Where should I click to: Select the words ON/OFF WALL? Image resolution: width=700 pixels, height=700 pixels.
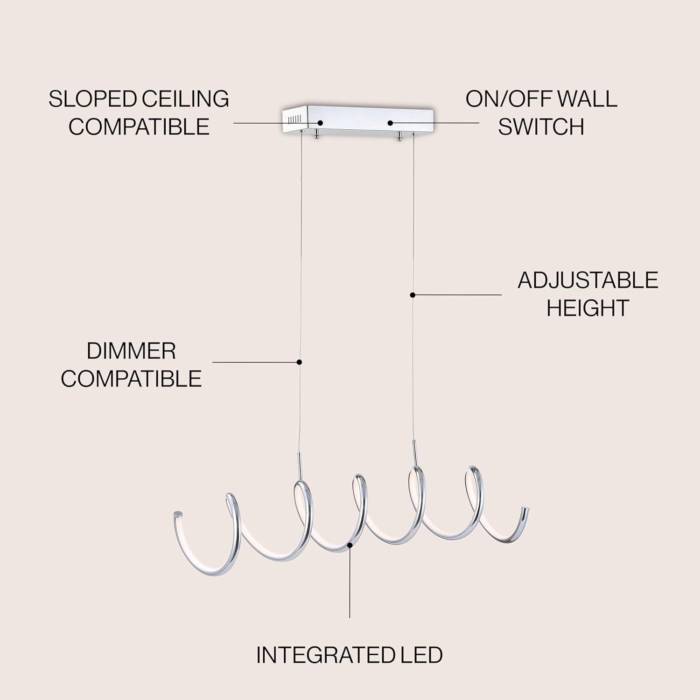tap(541, 99)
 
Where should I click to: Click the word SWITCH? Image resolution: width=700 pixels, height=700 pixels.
tap(541, 126)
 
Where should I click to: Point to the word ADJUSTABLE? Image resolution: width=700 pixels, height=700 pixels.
tap(588, 280)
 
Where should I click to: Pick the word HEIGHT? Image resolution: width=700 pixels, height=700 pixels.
tap(588, 308)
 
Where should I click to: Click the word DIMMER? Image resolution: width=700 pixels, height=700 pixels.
tap(131, 351)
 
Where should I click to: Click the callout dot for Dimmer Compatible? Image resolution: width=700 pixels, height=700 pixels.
tap(300, 362)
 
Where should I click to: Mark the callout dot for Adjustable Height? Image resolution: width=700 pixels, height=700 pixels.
tap(413, 294)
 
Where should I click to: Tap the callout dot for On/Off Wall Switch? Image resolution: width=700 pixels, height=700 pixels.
tap(390, 123)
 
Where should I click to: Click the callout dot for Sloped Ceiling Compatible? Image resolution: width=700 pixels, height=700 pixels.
tap(320, 123)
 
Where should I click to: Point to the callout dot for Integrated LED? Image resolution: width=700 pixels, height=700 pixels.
tap(350, 544)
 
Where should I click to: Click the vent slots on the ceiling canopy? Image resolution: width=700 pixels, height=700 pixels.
tap(293, 119)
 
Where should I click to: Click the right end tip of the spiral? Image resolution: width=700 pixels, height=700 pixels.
tap(525, 509)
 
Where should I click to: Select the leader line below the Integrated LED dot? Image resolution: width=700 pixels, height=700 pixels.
tap(350, 583)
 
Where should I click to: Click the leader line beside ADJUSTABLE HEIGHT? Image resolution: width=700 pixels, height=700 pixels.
tap(457, 294)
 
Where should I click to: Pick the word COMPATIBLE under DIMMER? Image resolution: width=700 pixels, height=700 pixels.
tap(131, 378)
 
